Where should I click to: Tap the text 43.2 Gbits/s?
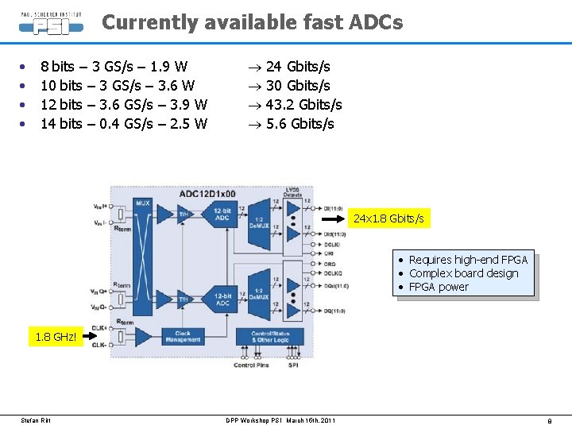click(x=303, y=105)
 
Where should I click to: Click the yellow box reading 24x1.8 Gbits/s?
click(x=388, y=218)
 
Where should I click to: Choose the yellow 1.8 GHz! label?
click(x=56, y=337)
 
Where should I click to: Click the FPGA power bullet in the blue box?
click(x=439, y=287)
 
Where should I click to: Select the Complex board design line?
click(x=463, y=273)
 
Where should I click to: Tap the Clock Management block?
click(x=183, y=336)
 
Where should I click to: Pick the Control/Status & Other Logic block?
click(x=272, y=336)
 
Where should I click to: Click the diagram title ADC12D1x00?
click(x=207, y=194)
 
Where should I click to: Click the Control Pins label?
click(x=251, y=365)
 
